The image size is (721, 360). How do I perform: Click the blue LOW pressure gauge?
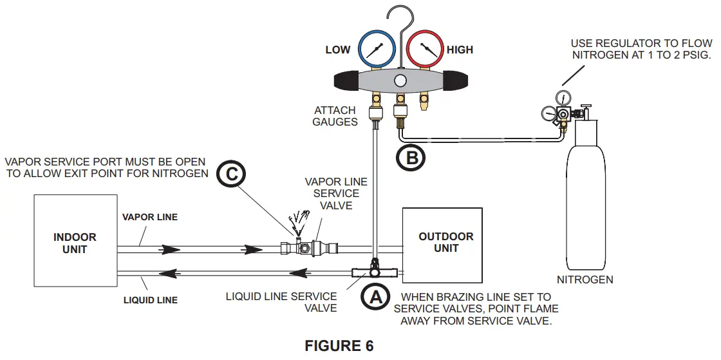click(377, 50)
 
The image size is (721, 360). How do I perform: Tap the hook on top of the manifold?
click(401, 19)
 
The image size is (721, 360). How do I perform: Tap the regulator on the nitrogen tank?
click(563, 114)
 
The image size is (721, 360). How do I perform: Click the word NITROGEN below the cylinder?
click(585, 279)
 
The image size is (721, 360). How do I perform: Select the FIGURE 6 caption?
click(339, 346)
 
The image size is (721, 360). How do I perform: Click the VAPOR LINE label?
click(150, 218)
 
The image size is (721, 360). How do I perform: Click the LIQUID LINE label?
click(150, 300)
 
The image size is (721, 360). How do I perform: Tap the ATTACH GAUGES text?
click(335, 116)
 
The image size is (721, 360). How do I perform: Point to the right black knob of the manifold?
click(458, 81)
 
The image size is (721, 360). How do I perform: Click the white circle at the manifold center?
click(400, 81)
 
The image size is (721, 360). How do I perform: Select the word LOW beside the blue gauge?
click(338, 50)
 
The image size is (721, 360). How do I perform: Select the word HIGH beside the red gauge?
click(460, 50)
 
